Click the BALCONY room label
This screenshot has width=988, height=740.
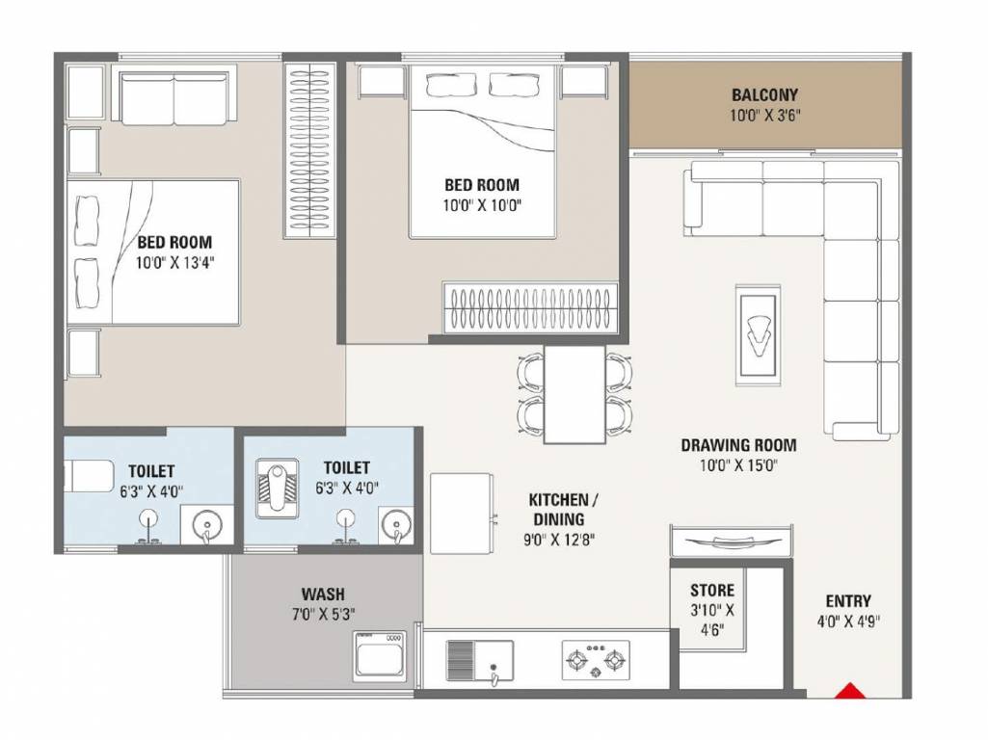[x=764, y=95]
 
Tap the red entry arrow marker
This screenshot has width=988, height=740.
[x=849, y=690]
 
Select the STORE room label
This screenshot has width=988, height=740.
[x=712, y=591]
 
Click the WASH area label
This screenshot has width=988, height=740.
[x=323, y=595]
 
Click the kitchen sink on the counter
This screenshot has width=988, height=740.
[x=479, y=661]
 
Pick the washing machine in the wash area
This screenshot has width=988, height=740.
[x=380, y=656]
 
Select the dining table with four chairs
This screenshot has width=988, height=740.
[x=574, y=395]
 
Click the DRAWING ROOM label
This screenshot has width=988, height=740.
[x=738, y=445]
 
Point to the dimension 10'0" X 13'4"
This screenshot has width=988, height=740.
[x=174, y=262]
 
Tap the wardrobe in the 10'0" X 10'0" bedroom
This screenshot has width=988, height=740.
[x=530, y=306]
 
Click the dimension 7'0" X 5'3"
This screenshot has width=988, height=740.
[x=323, y=614]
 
